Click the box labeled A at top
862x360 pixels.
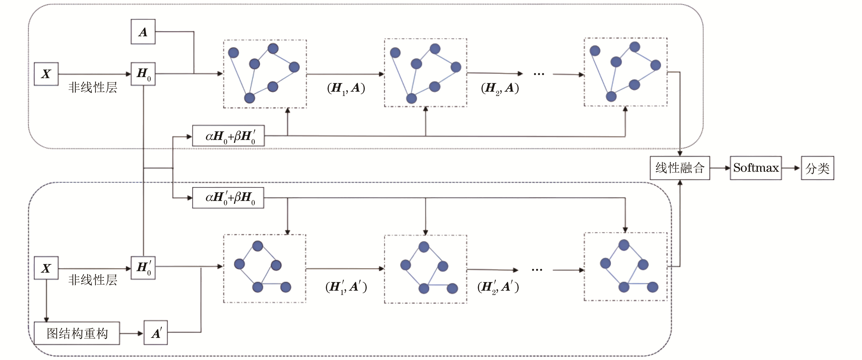click(x=143, y=32)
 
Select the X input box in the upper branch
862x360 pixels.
click(x=46, y=74)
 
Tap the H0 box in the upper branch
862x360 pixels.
click(x=143, y=74)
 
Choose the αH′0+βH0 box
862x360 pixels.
click(x=228, y=198)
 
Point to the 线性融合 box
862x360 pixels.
click(x=680, y=168)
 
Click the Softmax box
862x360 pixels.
click(x=756, y=168)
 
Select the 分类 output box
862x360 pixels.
click(x=817, y=168)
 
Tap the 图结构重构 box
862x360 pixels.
click(x=77, y=333)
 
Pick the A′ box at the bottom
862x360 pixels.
click(x=156, y=333)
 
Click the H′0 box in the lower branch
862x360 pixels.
click(x=143, y=268)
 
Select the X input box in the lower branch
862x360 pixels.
click(x=46, y=268)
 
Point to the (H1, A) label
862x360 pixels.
click(x=346, y=88)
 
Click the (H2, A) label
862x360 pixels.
click(x=500, y=88)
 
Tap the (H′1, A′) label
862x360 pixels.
click(x=346, y=287)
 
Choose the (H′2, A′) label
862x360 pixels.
click(x=498, y=287)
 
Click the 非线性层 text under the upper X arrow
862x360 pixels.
click(x=93, y=88)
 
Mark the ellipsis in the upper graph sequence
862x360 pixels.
click(x=539, y=74)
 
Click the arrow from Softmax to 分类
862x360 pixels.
click(x=791, y=168)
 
